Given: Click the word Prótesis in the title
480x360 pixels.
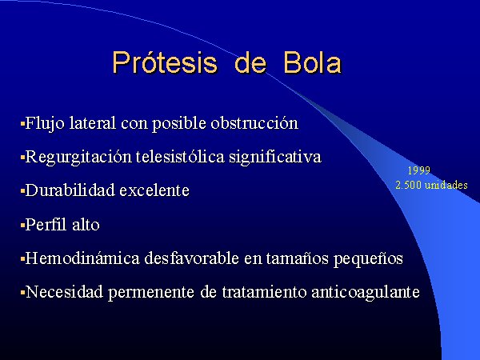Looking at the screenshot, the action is point(165,62).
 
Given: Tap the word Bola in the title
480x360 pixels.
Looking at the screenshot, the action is point(312,62).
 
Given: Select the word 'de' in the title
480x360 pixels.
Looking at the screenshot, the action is point(250,62).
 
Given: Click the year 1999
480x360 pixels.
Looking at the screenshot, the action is point(418,170).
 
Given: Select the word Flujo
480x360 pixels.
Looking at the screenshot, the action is point(45,123).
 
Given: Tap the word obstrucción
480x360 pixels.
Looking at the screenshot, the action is point(254,123).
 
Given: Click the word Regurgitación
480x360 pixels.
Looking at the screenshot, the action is point(78,157).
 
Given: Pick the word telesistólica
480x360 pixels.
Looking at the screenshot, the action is point(180,157).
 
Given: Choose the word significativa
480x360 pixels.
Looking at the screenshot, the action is point(275,157).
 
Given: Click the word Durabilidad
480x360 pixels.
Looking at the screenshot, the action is point(70,190).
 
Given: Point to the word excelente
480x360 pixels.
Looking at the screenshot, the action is point(154,190).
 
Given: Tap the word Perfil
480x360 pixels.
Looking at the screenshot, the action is point(46,224).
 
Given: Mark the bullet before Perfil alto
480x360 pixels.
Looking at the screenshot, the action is point(22,226).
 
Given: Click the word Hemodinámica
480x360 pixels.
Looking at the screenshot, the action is point(82,258).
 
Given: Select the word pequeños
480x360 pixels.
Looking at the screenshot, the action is point(368,258).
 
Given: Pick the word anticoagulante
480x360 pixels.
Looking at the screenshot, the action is point(366,292).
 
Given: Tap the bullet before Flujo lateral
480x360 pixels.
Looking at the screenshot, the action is point(22,124).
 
